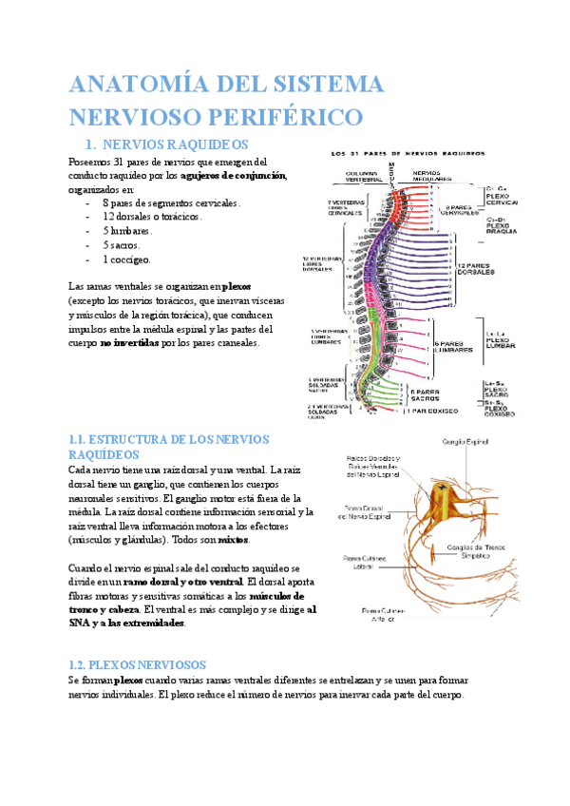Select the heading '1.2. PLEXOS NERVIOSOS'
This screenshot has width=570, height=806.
[144, 664]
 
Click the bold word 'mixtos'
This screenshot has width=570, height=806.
[230, 539]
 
